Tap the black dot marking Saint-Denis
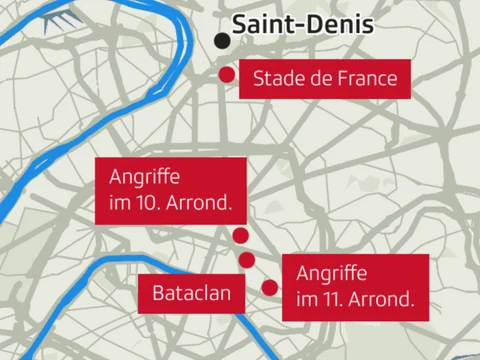click(x=221, y=41)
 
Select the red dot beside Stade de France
click(x=227, y=75)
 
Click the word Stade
click(x=277, y=78)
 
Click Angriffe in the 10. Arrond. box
click(x=144, y=178)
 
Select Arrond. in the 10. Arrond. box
click(x=199, y=202)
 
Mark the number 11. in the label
click(x=335, y=297)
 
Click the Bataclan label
click(x=192, y=293)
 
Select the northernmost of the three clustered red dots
click(x=240, y=236)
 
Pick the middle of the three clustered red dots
click(x=247, y=260)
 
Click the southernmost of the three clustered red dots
click(x=269, y=288)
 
